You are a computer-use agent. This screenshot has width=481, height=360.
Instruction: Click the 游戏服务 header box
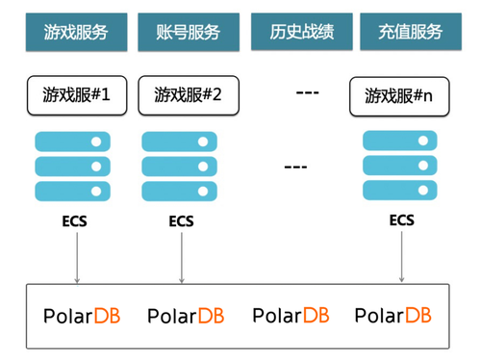[x=77, y=32]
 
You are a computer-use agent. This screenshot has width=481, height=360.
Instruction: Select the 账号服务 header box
[x=189, y=32]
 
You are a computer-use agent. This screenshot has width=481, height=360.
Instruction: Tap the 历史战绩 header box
[x=302, y=32]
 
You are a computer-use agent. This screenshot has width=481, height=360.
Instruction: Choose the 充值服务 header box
[x=411, y=32]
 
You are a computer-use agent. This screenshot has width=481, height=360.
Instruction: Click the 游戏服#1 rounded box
[x=77, y=95]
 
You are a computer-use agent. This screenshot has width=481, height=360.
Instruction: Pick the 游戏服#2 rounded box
[x=189, y=95]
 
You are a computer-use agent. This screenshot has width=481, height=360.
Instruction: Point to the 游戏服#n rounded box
[x=399, y=96]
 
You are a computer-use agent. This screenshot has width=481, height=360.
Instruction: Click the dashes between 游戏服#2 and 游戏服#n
[x=308, y=93]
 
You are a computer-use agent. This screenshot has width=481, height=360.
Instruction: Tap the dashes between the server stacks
[x=295, y=167]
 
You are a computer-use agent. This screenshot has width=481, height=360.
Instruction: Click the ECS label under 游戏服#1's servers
[x=74, y=221]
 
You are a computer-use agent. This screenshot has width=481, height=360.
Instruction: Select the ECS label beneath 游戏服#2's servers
[x=181, y=221]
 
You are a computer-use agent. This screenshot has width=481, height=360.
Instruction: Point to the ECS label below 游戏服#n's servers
[x=402, y=220]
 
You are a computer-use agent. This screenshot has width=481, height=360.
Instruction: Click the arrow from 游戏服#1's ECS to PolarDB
[x=77, y=258]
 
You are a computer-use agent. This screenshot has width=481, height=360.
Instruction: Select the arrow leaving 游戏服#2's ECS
[x=182, y=258]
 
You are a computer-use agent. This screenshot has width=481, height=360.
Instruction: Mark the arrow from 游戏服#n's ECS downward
[x=401, y=257]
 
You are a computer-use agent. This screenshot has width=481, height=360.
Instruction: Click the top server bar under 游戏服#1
[x=72, y=141]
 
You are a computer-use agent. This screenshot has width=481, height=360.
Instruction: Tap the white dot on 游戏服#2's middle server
[x=203, y=167]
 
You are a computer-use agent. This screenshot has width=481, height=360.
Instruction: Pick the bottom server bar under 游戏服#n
[x=400, y=191]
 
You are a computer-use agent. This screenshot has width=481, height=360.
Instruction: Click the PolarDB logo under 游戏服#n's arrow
[x=393, y=315]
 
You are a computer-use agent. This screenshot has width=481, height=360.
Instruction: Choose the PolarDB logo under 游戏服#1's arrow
[x=82, y=316]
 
